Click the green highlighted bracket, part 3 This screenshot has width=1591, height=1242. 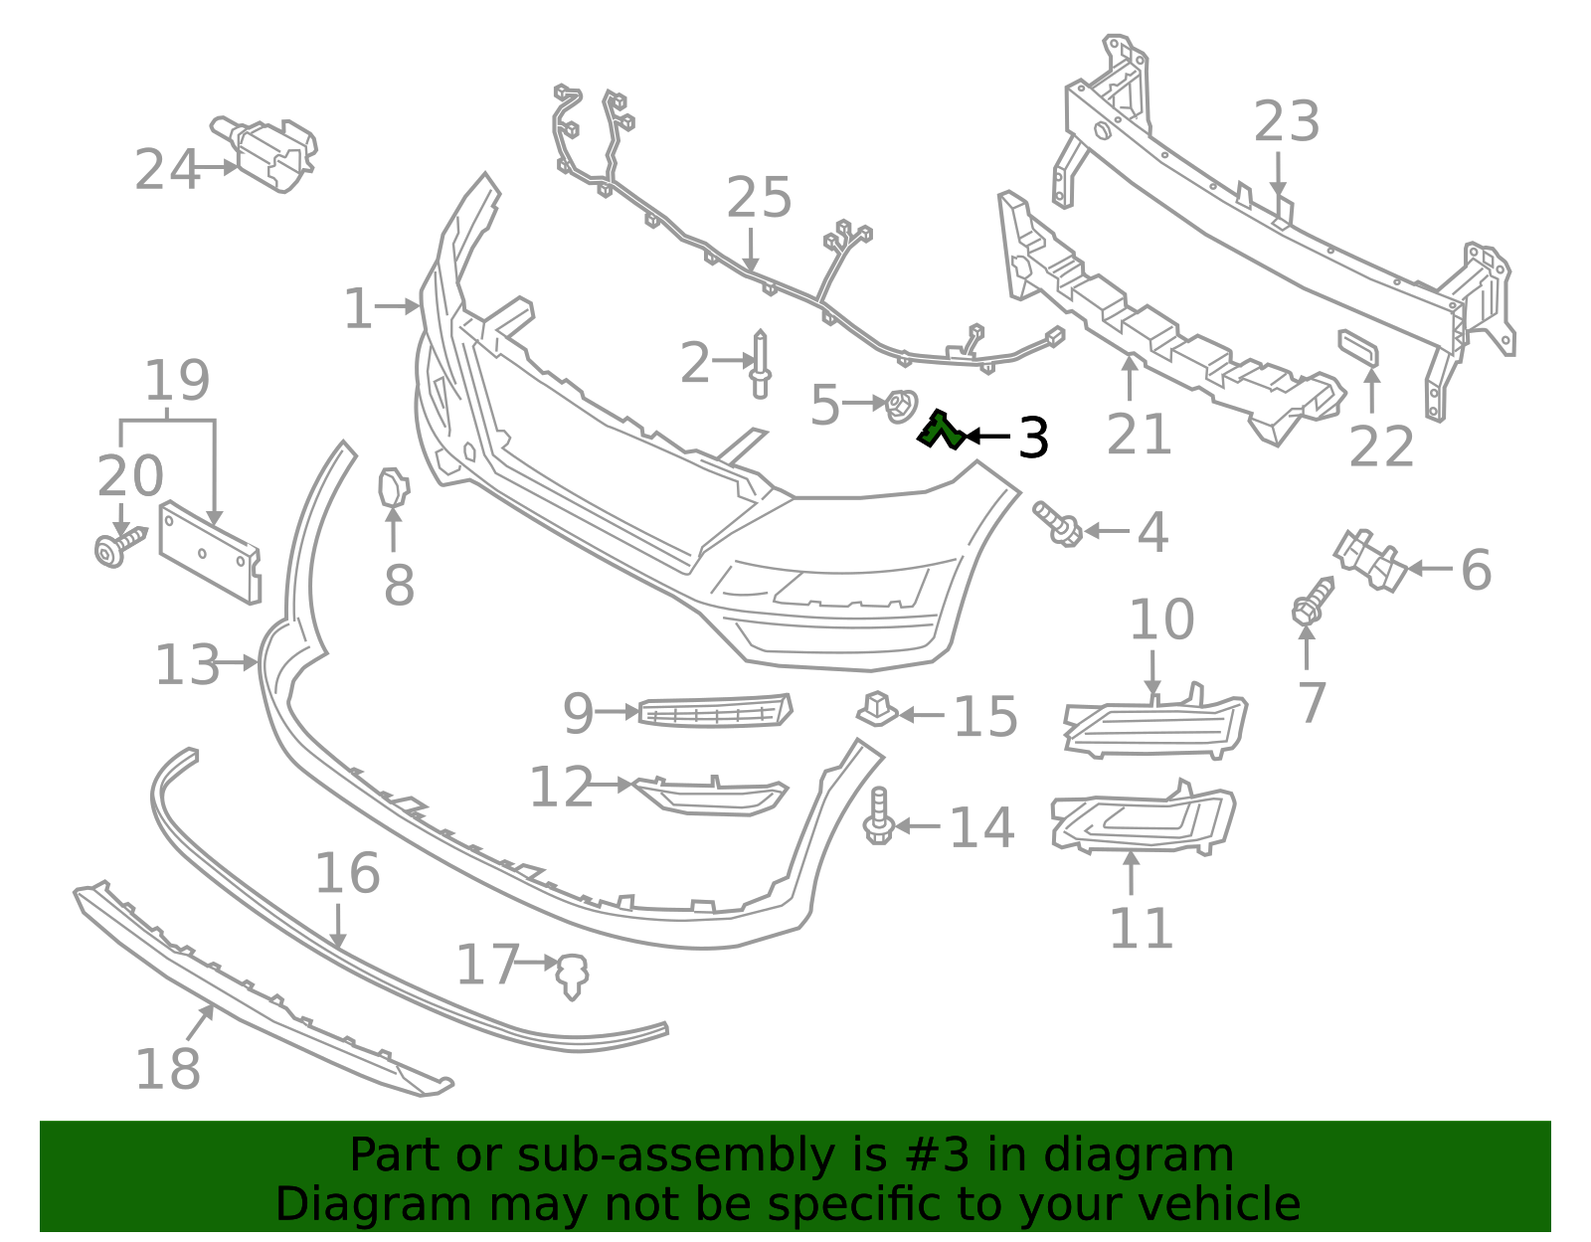coord(938,431)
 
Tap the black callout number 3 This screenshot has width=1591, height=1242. coord(1033,438)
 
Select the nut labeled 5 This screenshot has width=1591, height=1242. coord(900,405)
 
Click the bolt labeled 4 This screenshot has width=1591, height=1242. coord(1058,523)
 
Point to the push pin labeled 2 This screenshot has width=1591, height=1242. coord(761,364)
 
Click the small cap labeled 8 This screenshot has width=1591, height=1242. coord(393,486)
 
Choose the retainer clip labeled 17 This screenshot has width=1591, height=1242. coord(572,975)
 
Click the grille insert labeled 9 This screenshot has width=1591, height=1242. coord(714,711)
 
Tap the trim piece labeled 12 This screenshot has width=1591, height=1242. coord(711,795)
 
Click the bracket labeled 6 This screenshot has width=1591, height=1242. coord(1370,561)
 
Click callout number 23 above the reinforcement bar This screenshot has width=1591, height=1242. coord(1286,122)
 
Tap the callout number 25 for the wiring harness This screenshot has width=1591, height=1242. coord(759,198)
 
